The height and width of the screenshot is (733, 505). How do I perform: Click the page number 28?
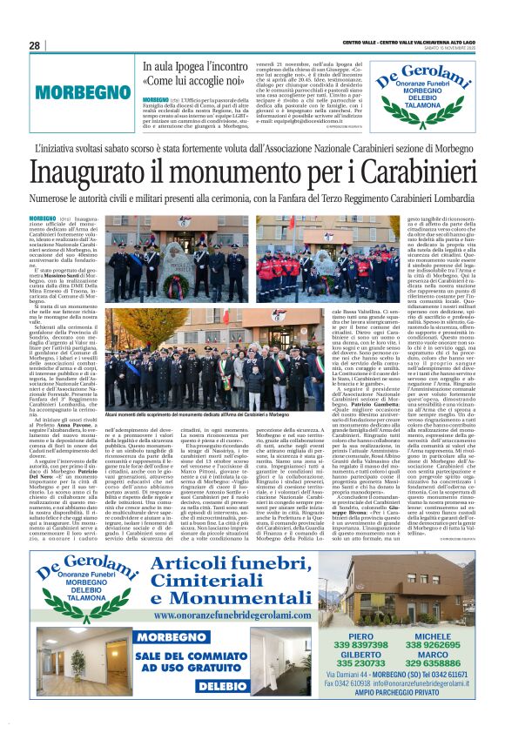(x=35, y=45)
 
